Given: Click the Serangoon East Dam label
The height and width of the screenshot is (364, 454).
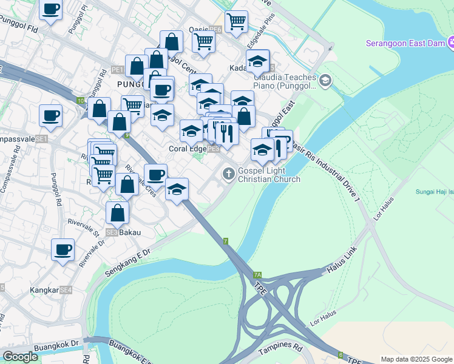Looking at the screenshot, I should pyautogui.click(x=404, y=43).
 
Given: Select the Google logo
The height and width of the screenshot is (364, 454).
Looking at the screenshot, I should pyautogui.click(x=20, y=357).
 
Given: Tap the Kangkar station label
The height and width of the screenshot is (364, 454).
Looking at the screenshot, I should pyautogui.click(x=44, y=291).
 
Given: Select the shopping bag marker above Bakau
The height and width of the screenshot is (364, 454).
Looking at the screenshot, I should pyautogui.click(x=118, y=213).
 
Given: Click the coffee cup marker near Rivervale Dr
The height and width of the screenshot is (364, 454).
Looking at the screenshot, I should pyautogui.click(x=63, y=249).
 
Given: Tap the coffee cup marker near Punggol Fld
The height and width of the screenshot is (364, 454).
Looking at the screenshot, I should pyautogui.click(x=51, y=10).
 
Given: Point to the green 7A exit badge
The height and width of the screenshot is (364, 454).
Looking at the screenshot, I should pyautogui.click(x=257, y=275).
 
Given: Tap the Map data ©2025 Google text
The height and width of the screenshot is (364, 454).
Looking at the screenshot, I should pyautogui.click(x=417, y=359).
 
